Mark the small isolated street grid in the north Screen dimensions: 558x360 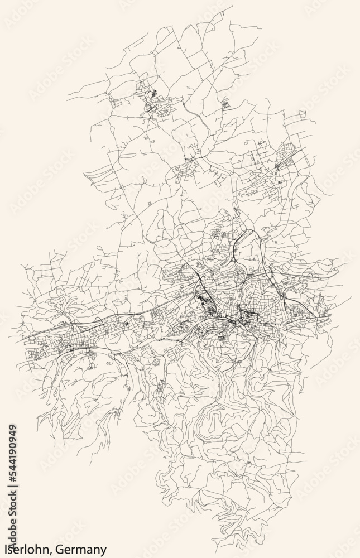point(225,104)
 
